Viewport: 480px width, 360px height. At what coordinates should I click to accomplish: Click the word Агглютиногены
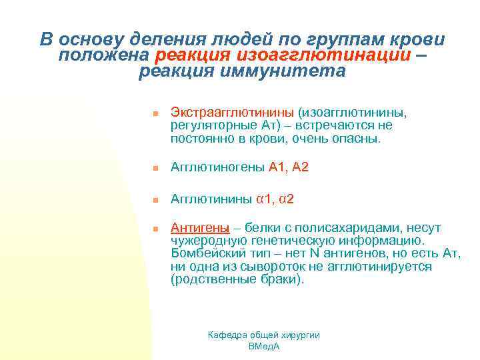pos(218,167)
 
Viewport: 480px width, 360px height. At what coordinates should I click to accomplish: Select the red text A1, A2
pos(289,167)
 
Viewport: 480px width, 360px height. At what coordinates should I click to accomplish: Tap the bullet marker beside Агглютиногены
pos(153,169)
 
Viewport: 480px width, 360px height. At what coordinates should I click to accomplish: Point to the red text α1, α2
pos(275,199)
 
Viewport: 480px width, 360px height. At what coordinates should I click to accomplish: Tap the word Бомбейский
pos(206,254)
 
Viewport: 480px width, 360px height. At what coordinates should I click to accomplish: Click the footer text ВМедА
pos(263,347)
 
